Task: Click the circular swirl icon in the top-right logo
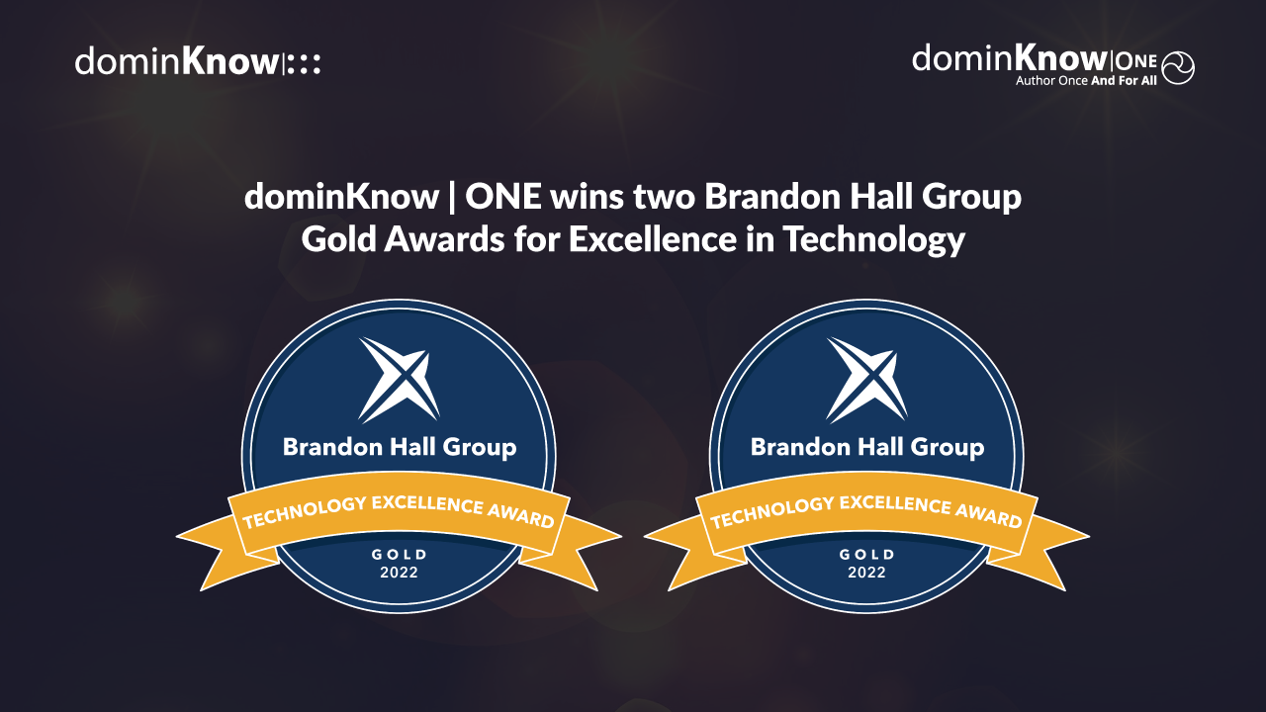coord(1178,67)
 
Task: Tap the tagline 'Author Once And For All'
coord(1086,81)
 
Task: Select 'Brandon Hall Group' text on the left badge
coord(400,447)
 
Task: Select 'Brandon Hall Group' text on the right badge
coord(867,447)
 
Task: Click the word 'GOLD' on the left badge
coord(400,554)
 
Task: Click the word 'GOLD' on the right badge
coord(867,554)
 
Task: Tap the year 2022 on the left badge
coord(400,573)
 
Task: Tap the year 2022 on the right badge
coord(867,573)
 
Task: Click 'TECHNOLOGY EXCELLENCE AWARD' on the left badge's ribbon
coord(399,509)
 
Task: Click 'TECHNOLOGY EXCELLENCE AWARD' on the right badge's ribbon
coord(866,509)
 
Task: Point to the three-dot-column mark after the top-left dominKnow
coord(305,64)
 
